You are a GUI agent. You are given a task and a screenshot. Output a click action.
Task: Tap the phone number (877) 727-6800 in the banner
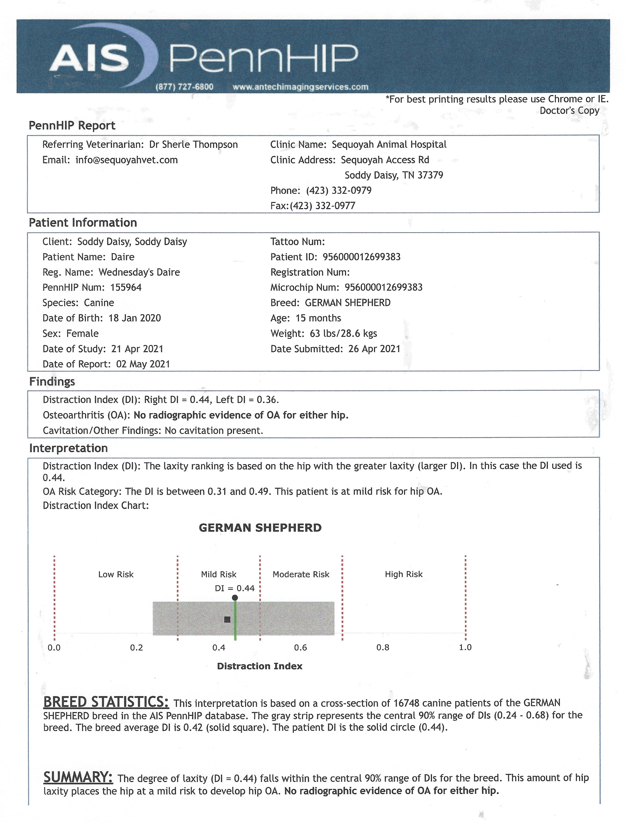(184, 87)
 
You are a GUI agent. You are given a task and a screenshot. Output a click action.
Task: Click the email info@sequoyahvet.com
(126, 160)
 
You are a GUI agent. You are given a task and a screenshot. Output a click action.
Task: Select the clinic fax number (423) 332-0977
(322, 206)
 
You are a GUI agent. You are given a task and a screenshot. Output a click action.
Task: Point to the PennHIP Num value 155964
(126, 288)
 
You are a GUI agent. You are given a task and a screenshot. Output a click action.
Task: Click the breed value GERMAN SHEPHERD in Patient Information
(347, 303)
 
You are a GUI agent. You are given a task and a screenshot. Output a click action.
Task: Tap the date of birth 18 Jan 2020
(135, 318)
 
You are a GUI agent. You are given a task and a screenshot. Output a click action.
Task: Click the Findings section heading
(52, 382)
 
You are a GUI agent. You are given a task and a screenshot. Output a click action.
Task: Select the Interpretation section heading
(68, 448)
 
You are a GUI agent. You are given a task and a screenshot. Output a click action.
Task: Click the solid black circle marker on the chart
(235, 598)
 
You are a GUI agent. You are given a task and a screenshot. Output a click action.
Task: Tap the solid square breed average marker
(227, 619)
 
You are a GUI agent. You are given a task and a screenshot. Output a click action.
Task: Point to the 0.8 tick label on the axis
(382, 647)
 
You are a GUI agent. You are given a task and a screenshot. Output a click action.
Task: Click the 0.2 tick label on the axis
(137, 647)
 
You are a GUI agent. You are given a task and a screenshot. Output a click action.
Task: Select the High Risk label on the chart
(404, 574)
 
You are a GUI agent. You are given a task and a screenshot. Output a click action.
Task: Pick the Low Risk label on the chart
(116, 574)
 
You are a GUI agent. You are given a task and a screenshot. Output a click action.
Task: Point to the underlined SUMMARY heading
(78, 777)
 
